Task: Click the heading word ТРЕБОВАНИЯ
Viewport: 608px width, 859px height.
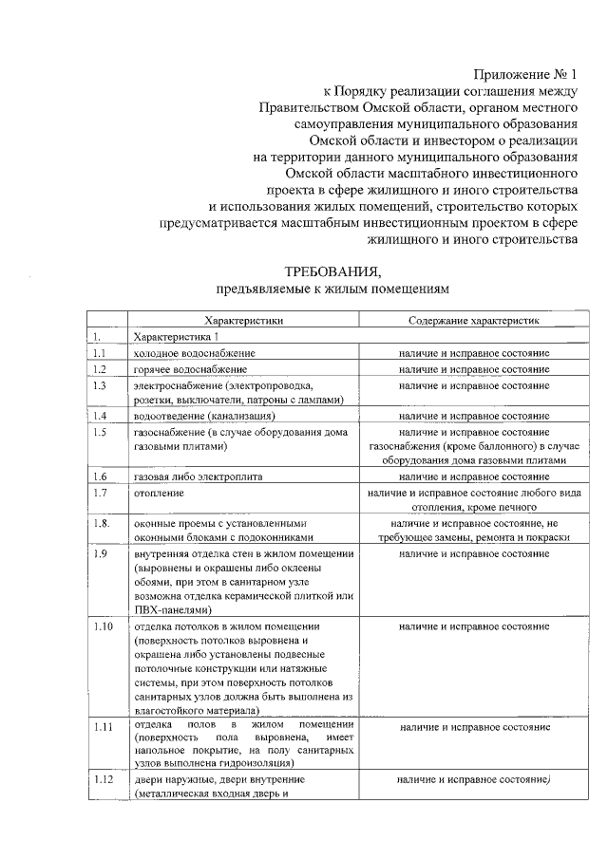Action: pyautogui.click(x=332, y=270)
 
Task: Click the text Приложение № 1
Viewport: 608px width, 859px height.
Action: pyautogui.click(x=525, y=74)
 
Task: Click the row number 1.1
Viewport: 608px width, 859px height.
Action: pyautogui.click(x=100, y=353)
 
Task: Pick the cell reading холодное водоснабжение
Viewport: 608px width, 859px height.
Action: pyautogui.click(x=194, y=353)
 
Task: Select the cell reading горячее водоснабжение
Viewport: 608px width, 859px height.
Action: pyautogui.click(x=190, y=369)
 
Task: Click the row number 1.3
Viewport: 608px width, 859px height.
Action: pyautogui.click(x=100, y=385)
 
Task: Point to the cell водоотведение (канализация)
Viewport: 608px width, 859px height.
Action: pyautogui.click(x=204, y=416)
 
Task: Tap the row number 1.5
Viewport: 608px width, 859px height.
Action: pyautogui.click(x=100, y=432)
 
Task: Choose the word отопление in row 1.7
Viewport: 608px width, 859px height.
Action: pyautogui.click(x=159, y=494)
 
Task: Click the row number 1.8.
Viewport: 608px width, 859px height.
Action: pyautogui.click(x=101, y=523)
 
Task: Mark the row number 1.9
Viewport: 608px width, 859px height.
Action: pyautogui.click(x=100, y=553)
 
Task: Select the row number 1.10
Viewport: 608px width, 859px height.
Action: pyautogui.click(x=103, y=627)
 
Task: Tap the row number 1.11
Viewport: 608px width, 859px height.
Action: pyautogui.click(x=103, y=727)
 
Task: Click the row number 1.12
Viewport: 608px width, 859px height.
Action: pyautogui.click(x=103, y=779)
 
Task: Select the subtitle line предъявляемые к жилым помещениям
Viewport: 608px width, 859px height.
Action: pyautogui.click(x=332, y=288)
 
